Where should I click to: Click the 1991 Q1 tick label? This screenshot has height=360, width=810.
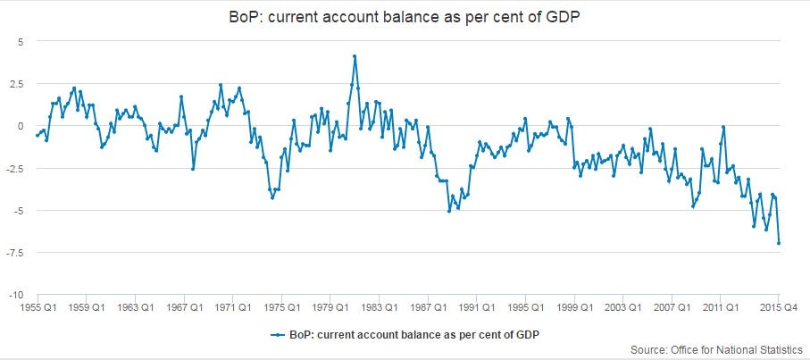point(476,308)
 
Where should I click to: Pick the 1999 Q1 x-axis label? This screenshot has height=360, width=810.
point(573,308)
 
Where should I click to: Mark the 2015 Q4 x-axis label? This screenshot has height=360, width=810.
point(780,308)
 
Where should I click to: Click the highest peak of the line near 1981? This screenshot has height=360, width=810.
point(355,56)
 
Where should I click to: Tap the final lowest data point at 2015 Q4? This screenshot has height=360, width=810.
point(779,243)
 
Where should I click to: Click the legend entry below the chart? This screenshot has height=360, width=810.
point(405,334)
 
